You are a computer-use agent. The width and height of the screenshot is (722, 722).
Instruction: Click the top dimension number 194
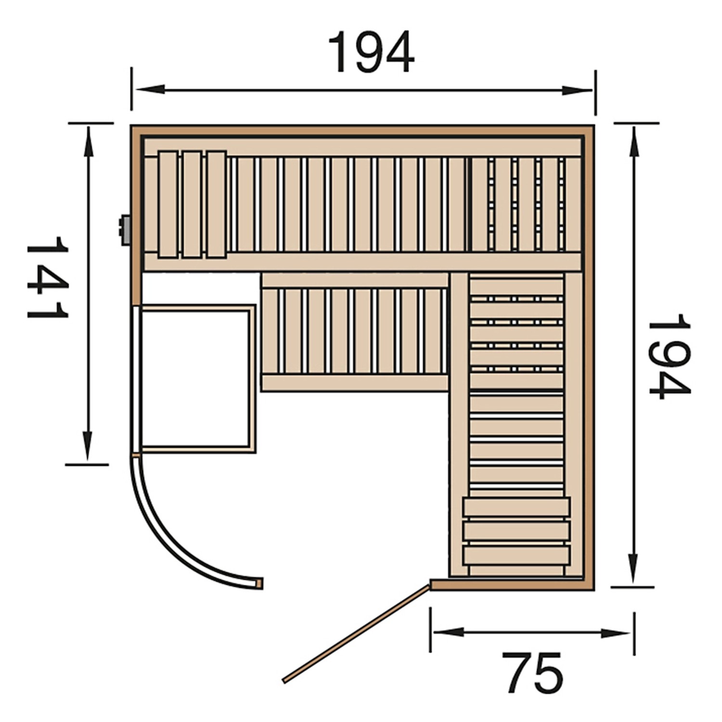coord(371,53)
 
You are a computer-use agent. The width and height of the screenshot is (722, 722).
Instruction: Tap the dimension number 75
coord(532,673)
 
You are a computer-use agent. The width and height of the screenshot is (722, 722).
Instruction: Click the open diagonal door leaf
coord(356,633)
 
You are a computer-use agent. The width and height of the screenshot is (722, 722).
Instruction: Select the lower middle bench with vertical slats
coord(355,332)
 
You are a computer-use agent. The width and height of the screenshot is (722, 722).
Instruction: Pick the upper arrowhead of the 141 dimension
coord(88,142)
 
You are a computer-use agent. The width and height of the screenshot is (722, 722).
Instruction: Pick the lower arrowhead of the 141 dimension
coord(88,445)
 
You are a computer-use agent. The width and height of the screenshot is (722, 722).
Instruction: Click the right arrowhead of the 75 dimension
coord(616,633)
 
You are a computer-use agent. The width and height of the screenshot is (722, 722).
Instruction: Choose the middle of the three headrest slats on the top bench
coord(192,205)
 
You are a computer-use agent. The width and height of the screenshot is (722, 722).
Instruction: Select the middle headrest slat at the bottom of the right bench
coord(516,531)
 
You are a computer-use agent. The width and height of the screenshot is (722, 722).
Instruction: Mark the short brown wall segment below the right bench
coord(512,585)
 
